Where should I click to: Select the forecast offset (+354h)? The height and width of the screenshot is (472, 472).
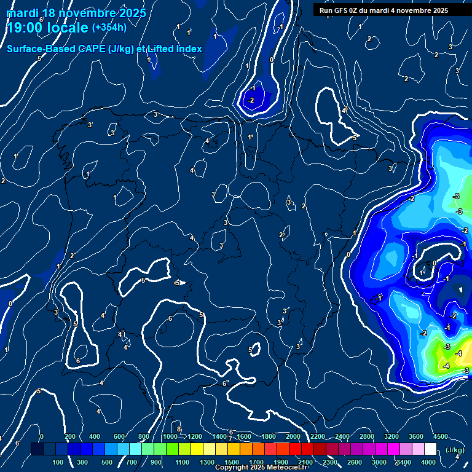pos(109,28)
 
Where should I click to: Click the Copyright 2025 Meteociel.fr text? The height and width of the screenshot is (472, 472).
pos(261,468)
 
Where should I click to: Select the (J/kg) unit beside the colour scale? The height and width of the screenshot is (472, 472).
pos(454,450)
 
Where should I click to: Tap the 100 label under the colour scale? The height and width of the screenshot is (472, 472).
pos(58,462)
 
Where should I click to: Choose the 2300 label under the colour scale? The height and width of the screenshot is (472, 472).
pos(329,462)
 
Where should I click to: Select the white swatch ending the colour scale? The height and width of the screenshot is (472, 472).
pos(430,449)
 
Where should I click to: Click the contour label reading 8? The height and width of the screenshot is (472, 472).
pos(179,429)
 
